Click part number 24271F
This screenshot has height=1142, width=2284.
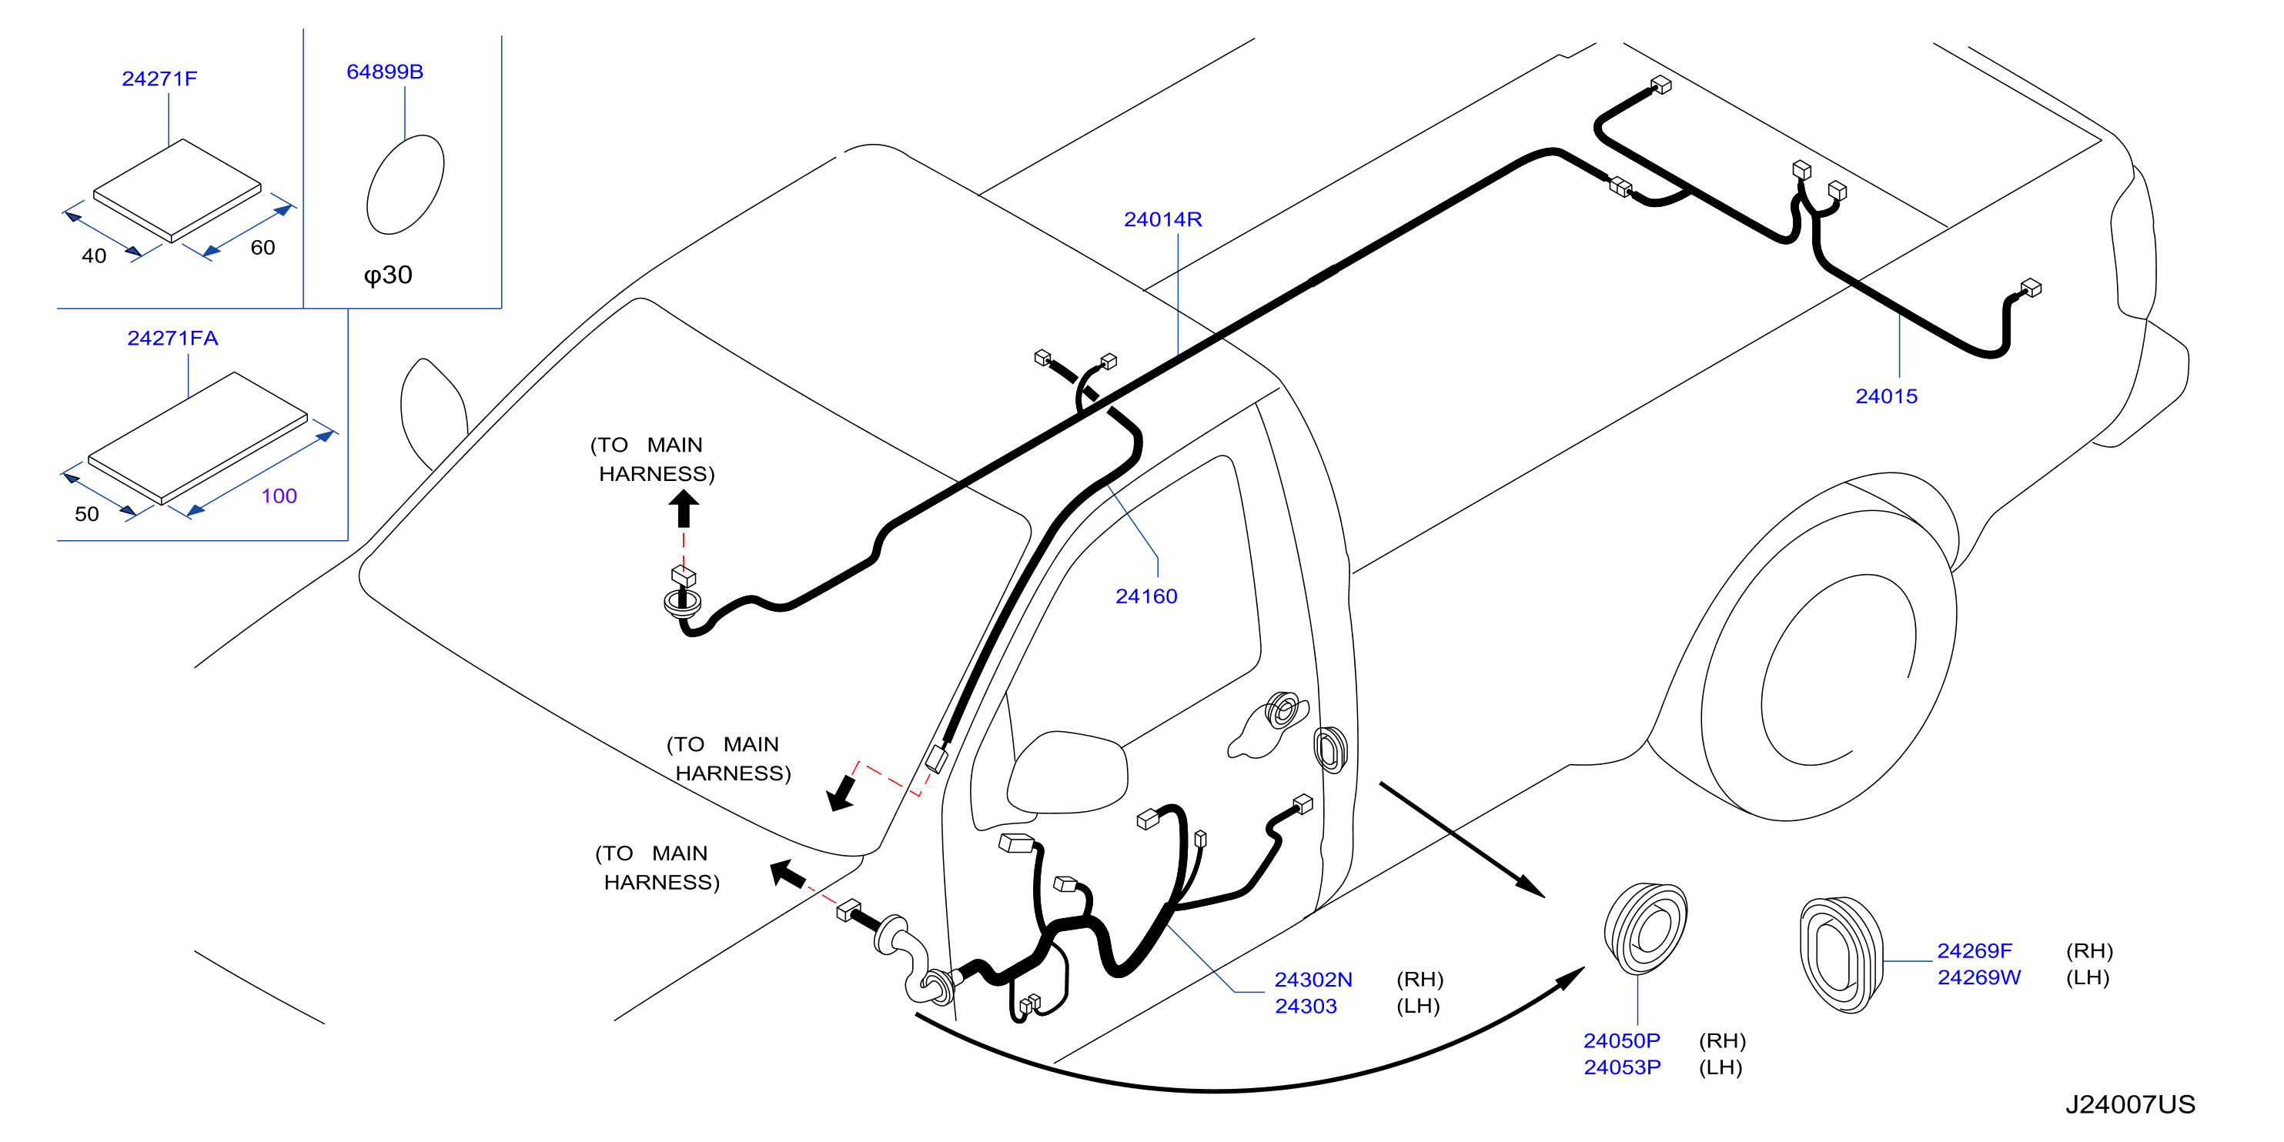(x=159, y=79)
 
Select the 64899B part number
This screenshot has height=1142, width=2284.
(x=385, y=72)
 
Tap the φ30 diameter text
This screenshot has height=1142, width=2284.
(x=388, y=275)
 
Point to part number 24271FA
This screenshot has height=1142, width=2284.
(x=173, y=339)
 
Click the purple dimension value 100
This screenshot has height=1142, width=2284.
(x=279, y=496)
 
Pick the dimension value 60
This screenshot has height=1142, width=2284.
(x=263, y=247)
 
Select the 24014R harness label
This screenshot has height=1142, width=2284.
(x=1163, y=219)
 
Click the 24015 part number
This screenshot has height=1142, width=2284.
(x=1887, y=396)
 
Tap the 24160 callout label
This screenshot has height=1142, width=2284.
(x=1146, y=596)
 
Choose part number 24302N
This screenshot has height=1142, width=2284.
(x=1314, y=980)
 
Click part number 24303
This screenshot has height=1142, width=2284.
(x=1306, y=1007)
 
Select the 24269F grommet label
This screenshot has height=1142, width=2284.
(x=1975, y=950)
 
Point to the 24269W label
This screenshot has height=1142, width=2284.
(x=1979, y=977)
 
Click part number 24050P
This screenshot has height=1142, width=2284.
(x=1623, y=1040)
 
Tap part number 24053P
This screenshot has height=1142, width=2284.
(x=1623, y=1067)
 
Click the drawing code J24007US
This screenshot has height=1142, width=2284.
(x=2131, y=1105)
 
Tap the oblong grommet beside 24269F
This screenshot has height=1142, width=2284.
(x=1841, y=955)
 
